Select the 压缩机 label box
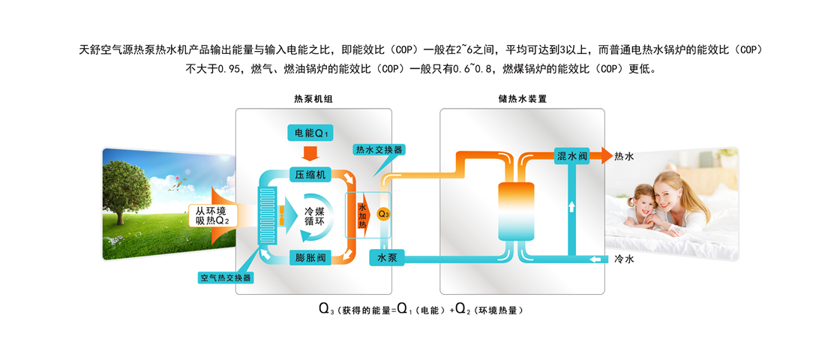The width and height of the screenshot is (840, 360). (x=310, y=175)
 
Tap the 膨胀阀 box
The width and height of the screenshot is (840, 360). (x=310, y=257)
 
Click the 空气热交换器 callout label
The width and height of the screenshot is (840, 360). (x=225, y=278)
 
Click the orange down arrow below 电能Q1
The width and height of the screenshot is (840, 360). (x=310, y=154)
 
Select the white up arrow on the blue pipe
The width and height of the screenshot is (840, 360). (x=571, y=206)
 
